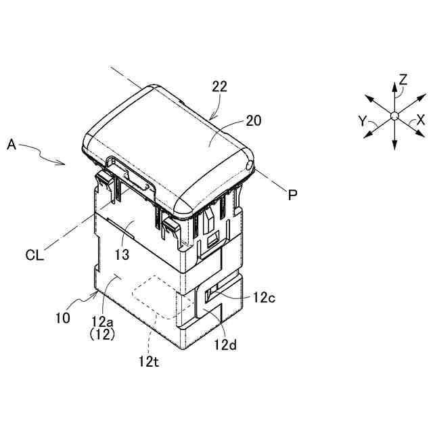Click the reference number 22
coord(219,87)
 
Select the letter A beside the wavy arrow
coord(12,144)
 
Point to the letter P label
coord(292,195)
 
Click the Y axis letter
coord(363,121)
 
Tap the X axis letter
coord(421,120)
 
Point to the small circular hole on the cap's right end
coord(250,165)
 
